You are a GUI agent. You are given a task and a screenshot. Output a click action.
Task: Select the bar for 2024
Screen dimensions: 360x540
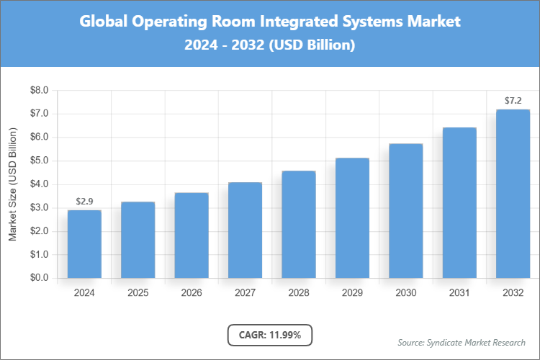84,244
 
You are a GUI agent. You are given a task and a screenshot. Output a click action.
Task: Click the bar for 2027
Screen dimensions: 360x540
245,230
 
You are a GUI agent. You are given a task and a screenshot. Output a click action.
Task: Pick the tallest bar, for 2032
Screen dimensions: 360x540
513,194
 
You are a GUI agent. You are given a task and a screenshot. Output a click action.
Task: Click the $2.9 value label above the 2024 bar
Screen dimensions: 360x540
84,201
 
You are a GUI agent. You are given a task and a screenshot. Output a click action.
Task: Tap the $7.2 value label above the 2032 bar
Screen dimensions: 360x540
513,100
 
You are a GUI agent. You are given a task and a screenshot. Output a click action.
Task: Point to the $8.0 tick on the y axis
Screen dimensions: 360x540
39,91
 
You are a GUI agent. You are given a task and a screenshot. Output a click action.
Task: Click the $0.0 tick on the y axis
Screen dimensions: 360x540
39,278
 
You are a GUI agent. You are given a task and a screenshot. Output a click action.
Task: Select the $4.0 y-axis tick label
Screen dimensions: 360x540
39,184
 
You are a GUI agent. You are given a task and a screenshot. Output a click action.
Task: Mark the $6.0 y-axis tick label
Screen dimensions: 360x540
39,138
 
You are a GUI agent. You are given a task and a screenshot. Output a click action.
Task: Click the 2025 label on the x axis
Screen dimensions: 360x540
138,293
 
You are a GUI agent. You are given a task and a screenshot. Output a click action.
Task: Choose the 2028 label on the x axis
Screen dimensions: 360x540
299,293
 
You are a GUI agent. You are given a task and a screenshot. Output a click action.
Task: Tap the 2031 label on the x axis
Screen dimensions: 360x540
459,293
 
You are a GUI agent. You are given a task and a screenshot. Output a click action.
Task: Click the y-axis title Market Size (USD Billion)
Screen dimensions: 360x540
12,184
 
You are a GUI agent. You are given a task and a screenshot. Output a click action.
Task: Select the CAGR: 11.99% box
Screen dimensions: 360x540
270,335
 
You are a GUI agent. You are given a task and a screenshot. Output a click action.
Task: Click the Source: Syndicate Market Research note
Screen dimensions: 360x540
462,342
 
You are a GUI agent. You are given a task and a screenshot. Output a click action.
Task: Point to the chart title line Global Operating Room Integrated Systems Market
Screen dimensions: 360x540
270,22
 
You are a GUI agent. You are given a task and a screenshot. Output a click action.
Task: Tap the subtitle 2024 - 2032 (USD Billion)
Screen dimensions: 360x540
270,45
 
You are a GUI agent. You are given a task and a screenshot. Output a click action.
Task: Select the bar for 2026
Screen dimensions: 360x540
192,235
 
